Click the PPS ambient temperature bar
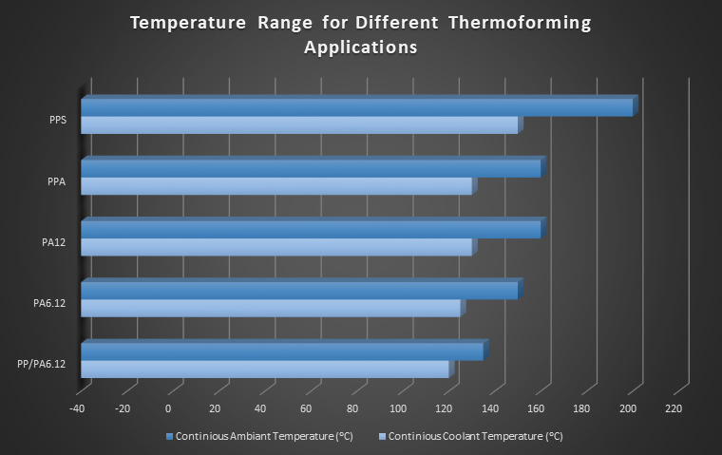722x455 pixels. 356,107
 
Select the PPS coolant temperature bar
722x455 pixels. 299,125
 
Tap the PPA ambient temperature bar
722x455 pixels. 311,168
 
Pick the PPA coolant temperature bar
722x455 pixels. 275,186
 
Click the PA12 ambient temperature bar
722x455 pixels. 311,229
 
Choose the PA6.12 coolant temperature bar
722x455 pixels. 270,308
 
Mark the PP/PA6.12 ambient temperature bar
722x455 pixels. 282,351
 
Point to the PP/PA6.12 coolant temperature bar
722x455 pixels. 264,370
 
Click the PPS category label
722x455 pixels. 57,121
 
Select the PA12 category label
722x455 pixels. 53,242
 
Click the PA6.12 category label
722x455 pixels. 49,303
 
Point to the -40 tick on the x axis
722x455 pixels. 77,409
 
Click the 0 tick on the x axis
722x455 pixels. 168,409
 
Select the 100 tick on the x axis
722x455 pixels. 397,409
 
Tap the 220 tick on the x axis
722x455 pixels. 674,409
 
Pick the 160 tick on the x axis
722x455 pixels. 536,409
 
